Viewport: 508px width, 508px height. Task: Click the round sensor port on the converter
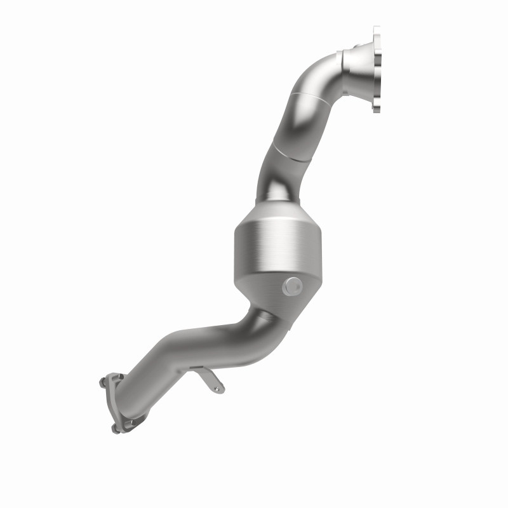292,286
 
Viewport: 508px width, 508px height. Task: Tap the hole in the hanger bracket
217,388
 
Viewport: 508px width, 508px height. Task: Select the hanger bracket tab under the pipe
209,380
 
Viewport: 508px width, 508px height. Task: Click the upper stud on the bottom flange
102,382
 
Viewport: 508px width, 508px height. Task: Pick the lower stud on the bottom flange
114,428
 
